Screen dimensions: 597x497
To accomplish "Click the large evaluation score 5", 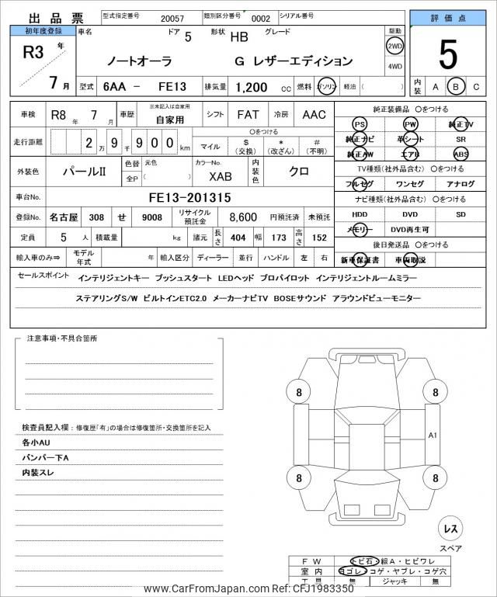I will click(447, 54).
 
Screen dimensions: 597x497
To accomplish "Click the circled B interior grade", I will click(457, 87).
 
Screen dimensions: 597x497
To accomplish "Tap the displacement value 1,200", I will click(252, 89).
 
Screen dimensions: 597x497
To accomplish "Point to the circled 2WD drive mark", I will click(394, 45).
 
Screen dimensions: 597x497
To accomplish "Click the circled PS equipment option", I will click(359, 124).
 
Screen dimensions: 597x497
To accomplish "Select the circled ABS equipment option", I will click(461, 154).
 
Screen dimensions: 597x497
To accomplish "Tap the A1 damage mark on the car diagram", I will click(433, 436).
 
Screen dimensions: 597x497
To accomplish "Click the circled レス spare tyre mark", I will click(450, 529).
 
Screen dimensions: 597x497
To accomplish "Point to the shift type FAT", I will click(248, 114).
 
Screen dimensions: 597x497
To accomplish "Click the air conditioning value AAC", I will click(314, 114).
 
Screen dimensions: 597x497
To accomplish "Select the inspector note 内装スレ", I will click(37, 472).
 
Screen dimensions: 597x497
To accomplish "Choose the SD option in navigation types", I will click(461, 214).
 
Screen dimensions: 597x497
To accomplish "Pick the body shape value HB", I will click(240, 36).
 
